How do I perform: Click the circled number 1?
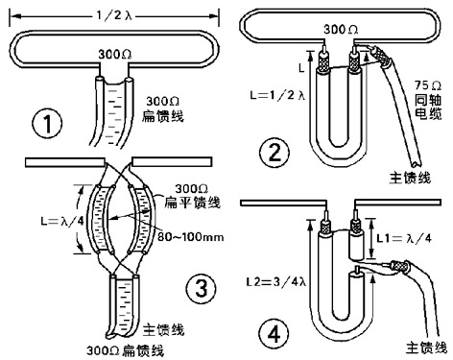tap(47, 124)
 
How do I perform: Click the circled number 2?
tap(274, 153)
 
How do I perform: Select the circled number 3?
tap(201, 287)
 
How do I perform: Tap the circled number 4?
tap(274, 335)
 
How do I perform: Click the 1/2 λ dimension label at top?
tap(114, 15)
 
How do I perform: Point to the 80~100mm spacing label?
tap(191, 237)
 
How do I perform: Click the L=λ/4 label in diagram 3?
tap(62, 221)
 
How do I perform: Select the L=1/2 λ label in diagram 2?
tap(277, 95)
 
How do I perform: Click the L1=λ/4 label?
tap(404, 238)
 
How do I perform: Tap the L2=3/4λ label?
tap(276, 282)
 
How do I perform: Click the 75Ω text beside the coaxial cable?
tap(428, 85)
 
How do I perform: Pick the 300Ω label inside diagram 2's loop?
tap(341, 30)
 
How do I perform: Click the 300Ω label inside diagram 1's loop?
tap(114, 54)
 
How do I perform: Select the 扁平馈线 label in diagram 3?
tap(192, 203)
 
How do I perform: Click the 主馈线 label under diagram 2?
tap(410, 178)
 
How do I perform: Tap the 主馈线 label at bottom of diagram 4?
tap(426, 348)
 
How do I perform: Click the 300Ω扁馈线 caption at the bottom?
tap(126, 350)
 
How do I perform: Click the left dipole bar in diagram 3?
tap(65, 162)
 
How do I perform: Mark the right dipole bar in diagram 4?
tap(397, 203)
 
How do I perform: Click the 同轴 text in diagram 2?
tap(428, 100)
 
